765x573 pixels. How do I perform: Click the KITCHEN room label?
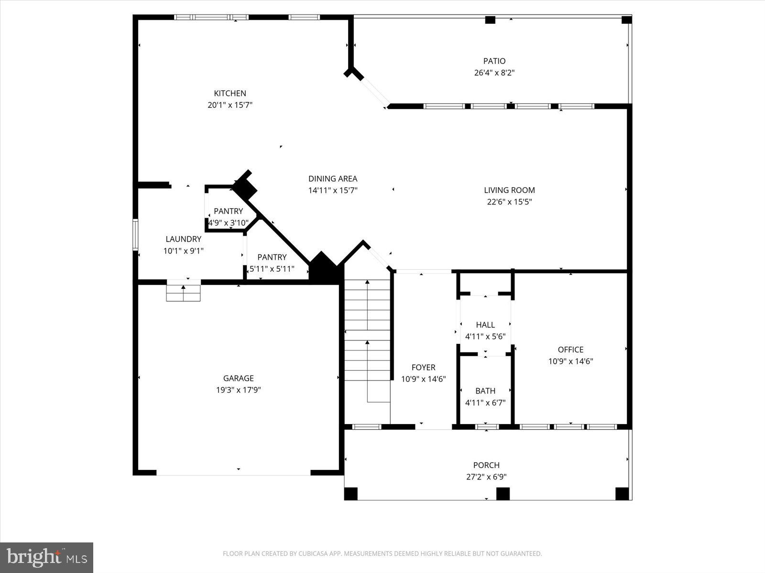pyautogui.click(x=230, y=94)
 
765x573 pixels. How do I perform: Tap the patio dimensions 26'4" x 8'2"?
pyautogui.click(x=494, y=73)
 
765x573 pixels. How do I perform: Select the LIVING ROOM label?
pyautogui.click(x=509, y=190)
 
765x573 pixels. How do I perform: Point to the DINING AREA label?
pyautogui.click(x=333, y=179)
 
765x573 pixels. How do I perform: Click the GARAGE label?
pyautogui.click(x=238, y=378)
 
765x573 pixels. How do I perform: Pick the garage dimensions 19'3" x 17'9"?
pyautogui.click(x=238, y=390)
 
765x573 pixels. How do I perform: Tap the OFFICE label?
pyautogui.click(x=570, y=350)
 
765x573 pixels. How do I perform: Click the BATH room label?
pyautogui.click(x=485, y=391)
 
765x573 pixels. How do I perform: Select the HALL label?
pyautogui.click(x=485, y=325)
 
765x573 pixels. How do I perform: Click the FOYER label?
pyautogui.click(x=423, y=367)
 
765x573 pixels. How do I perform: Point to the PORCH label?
pyautogui.click(x=486, y=465)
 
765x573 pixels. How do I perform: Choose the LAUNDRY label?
pyautogui.click(x=184, y=239)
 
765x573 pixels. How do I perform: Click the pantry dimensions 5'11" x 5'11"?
pyautogui.click(x=272, y=269)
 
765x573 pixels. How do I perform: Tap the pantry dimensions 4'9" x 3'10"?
pyautogui.click(x=228, y=223)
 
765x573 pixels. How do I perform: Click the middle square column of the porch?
pyautogui.click(x=503, y=493)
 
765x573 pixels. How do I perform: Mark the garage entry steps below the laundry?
pyautogui.click(x=183, y=293)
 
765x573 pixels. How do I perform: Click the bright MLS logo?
pyautogui.click(x=47, y=557)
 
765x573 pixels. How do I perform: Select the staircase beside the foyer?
pyautogui.click(x=367, y=341)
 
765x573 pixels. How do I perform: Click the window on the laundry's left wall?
pyautogui.click(x=135, y=234)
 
